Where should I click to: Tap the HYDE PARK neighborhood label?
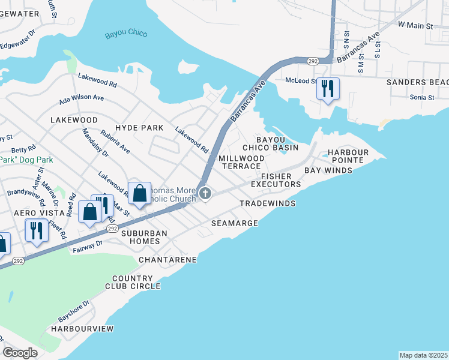click(x=139, y=128)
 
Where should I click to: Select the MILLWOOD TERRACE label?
click(x=240, y=162)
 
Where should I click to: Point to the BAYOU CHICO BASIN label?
click(x=270, y=143)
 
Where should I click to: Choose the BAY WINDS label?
click(x=328, y=170)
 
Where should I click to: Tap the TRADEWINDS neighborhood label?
click(x=268, y=204)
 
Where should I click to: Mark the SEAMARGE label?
click(x=235, y=223)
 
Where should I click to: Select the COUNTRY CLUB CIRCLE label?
click(x=136, y=283)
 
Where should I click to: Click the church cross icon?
click(x=205, y=193)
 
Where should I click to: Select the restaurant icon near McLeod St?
click(x=328, y=89)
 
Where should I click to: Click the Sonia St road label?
click(x=422, y=97)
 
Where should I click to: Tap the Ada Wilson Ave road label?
click(x=82, y=97)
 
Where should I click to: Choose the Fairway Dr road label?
click(x=88, y=246)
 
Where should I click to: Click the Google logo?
click(x=20, y=353)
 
